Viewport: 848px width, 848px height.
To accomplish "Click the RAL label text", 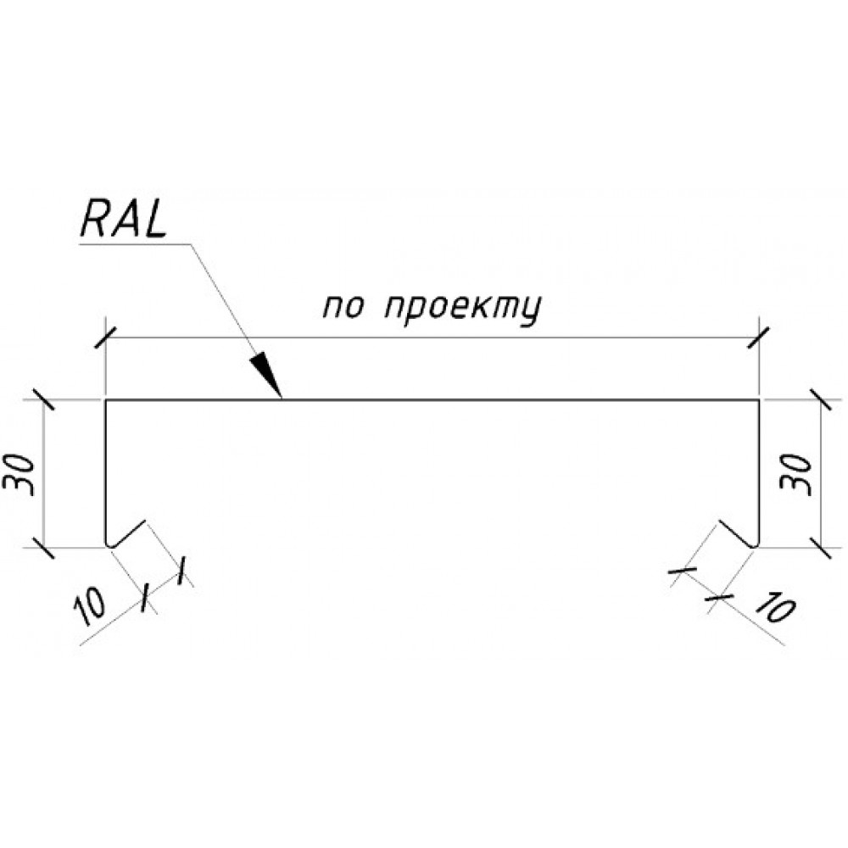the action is tap(124, 221).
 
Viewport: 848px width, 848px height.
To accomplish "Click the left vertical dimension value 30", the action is tap(22, 474).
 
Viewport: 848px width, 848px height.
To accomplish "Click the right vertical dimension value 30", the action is tap(795, 475).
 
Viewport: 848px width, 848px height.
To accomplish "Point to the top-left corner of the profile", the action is tap(105, 400).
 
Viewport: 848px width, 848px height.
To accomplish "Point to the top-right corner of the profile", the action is tap(759, 400).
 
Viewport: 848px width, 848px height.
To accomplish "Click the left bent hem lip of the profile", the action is tap(128, 533).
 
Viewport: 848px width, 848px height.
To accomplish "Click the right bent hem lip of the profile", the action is tap(737, 533).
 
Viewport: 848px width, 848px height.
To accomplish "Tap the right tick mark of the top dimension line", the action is tap(759, 338).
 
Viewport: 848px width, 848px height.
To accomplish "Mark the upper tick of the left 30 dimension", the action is tap(42, 399).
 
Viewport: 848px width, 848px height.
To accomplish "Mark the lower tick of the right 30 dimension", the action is tap(822, 548).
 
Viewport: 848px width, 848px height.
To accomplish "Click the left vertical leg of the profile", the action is tap(105, 471).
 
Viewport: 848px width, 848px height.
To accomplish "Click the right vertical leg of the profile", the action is tap(759, 471).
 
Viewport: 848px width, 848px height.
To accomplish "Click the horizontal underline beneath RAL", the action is tap(135, 245).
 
